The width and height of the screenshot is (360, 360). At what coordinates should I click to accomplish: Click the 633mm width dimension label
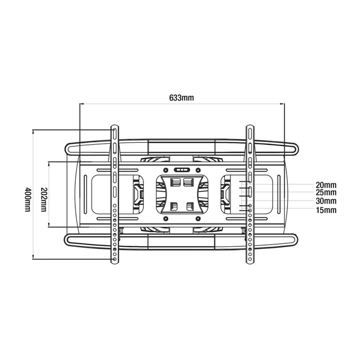(x=181, y=98)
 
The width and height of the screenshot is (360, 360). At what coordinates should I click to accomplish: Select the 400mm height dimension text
(x=28, y=199)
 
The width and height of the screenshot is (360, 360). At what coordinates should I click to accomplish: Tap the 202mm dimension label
(x=44, y=199)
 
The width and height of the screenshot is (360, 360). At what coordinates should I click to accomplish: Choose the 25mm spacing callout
(x=326, y=193)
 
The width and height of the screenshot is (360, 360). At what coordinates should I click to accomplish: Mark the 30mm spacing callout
(x=326, y=201)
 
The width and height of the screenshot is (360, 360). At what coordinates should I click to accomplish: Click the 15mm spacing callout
(x=326, y=210)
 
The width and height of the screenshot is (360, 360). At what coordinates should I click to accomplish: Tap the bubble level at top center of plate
(x=181, y=170)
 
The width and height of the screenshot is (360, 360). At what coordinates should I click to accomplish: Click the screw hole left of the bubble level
(x=165, y=170)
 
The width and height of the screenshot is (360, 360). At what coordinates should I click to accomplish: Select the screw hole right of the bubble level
(x=198, y=170)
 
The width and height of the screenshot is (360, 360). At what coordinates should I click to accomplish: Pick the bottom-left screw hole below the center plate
(x=166, y=219)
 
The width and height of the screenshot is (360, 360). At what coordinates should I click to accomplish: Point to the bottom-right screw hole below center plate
(x=197, y=219)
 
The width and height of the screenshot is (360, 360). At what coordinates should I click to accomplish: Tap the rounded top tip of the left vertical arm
(x=114, y=127)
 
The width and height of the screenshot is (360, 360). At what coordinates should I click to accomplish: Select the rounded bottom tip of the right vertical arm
(x=250, y=262)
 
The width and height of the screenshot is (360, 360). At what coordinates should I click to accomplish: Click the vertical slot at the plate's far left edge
(x=85, y=194)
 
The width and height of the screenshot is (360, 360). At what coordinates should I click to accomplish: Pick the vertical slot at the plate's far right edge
(x=278, y=194)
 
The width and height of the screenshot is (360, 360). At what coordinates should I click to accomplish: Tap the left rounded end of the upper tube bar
(x=67, y=148)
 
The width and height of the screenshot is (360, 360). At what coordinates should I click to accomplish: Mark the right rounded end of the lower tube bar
(x=296, y=240)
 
